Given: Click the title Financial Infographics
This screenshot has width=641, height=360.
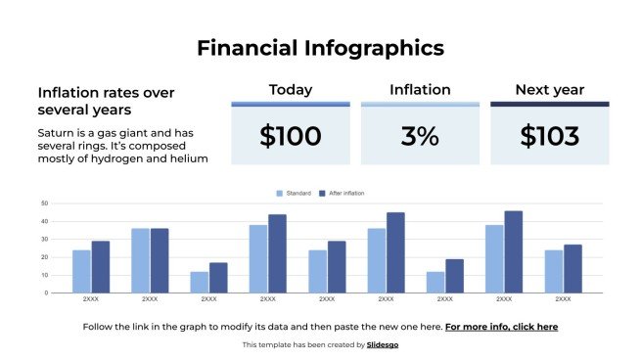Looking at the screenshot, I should [x=320, y=47].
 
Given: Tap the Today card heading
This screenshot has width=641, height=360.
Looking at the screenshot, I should [x=291, y=90].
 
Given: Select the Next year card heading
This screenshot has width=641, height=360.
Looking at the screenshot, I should [x=549, y=90].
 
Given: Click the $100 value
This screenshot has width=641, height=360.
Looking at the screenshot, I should [x=291, y=137].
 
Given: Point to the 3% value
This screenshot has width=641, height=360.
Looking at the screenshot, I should [x=420, y=137].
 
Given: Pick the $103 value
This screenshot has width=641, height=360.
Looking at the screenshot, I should [x=549, y=137].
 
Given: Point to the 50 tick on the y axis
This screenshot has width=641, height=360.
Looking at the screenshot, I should [x=45, y=204].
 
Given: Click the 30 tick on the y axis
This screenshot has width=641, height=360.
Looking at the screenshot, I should [x=45, y=240].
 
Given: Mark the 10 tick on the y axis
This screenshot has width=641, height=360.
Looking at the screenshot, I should [x=45, y=275].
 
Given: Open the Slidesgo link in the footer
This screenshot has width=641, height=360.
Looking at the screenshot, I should [x=383, y=345].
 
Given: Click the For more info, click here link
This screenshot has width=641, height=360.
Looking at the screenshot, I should [x=501, y=327].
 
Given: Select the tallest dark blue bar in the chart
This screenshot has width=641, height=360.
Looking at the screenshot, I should [x=514, y=251].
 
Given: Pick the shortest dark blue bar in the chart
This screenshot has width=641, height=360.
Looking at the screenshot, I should [x=218, y=277].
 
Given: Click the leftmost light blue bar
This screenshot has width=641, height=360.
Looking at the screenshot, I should [x=81, y=271].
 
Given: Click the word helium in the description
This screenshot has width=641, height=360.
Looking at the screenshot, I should [x=188, y=158].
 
